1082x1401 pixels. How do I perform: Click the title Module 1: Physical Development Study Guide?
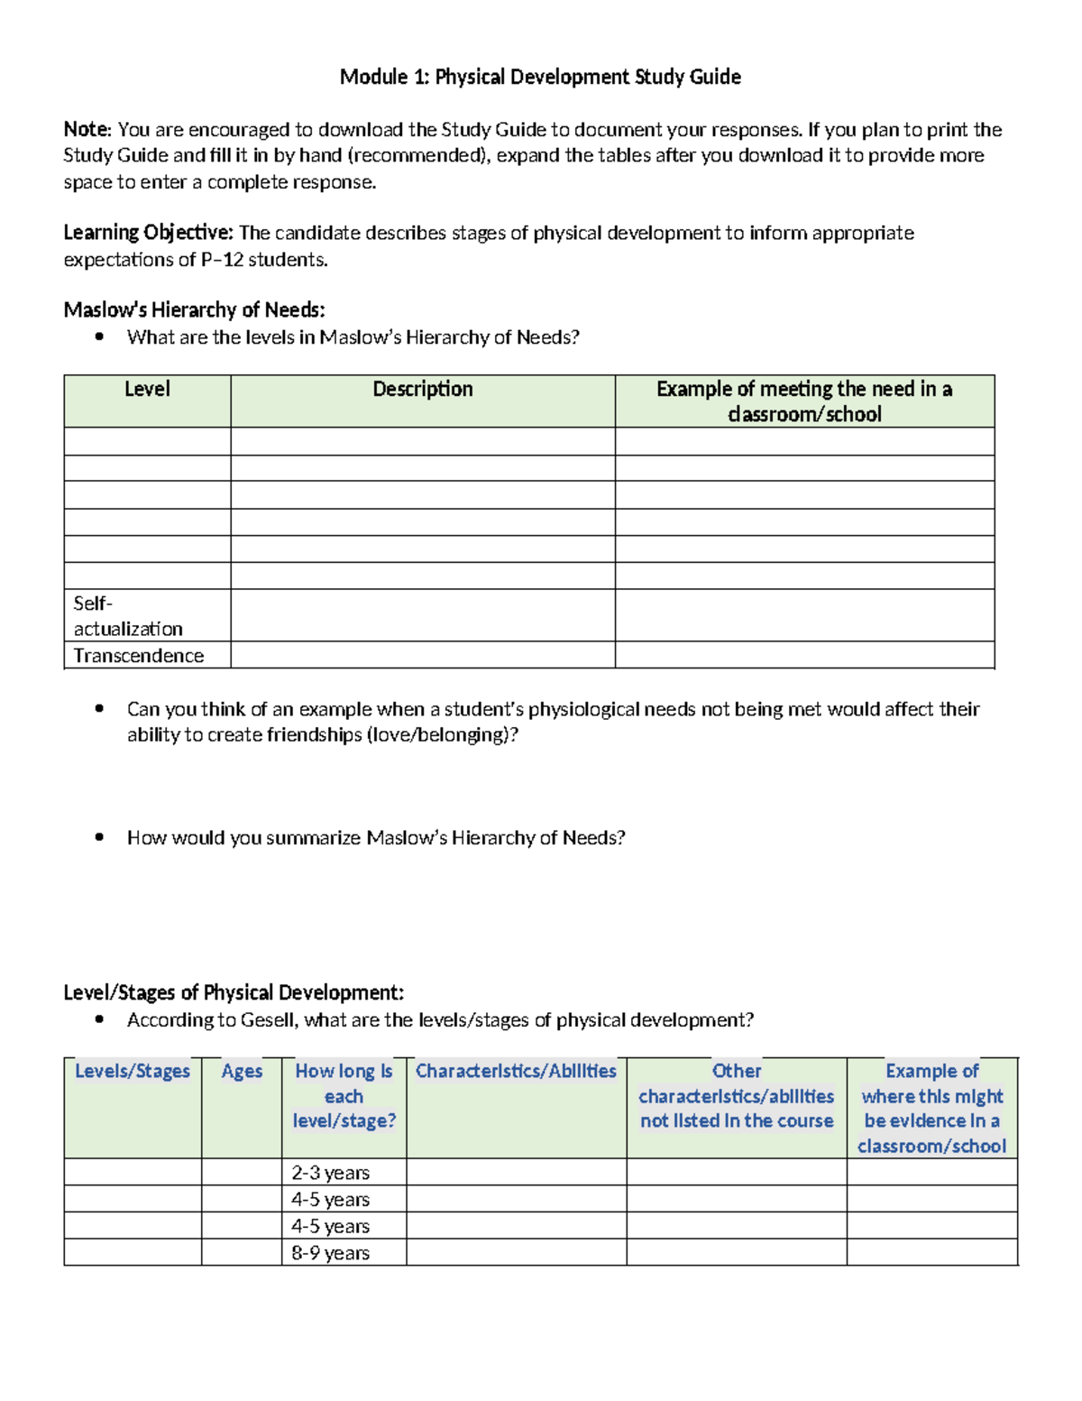coord(540,78)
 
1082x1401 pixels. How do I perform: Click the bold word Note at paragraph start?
coord(87,130)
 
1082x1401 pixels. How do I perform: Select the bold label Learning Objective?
coord(148,233)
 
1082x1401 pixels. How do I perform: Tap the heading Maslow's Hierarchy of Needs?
coord(194,310)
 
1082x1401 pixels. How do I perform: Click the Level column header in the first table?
coord(147,390)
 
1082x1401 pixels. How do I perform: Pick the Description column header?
coord(423,390)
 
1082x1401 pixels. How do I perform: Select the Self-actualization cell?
coord(127,616)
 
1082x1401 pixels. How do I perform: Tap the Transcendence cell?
coord(139,656)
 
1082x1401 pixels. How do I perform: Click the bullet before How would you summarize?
coord(99,837)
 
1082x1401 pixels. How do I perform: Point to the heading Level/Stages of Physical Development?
coord(234,993)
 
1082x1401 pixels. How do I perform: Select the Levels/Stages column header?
coord(133,1072)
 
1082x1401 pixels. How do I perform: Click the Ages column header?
coord(242,1072)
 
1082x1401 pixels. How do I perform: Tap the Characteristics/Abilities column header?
coord(516,1072)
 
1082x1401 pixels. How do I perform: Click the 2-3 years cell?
coord(331,1173)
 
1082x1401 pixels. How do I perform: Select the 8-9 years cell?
coord(331,1253)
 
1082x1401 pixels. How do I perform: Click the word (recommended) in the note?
coord(419,156)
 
